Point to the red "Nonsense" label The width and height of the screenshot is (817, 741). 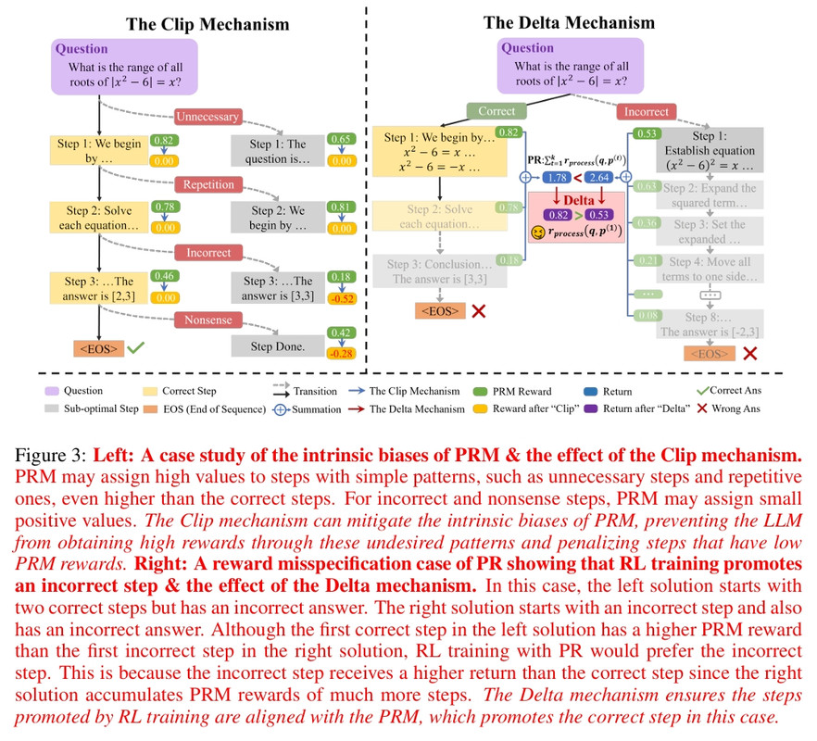pyautogui.click(x=207, y=319)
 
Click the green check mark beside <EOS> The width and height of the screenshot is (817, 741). pyautogui.click(x=135, y=349)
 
